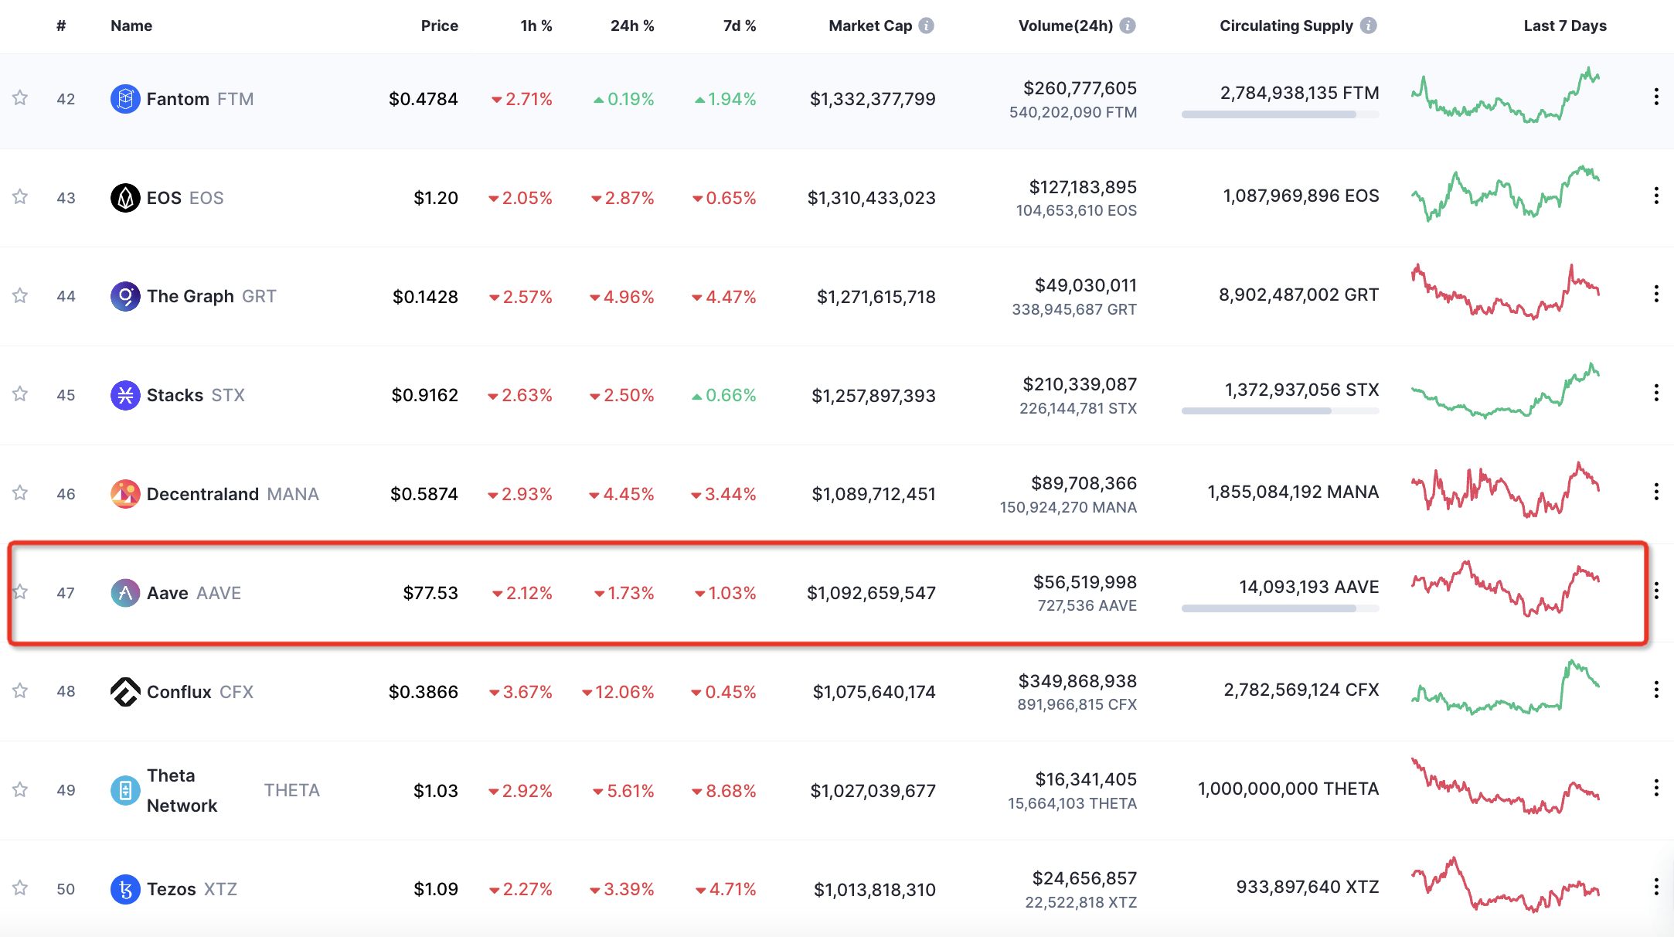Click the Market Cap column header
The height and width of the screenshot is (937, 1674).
869,26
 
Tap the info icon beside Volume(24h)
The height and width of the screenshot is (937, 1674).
1128,26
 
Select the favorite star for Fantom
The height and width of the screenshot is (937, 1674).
20,98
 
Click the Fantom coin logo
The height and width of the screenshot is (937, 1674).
125,99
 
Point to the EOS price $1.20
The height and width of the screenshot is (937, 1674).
436,198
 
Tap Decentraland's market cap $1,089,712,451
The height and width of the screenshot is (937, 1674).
873,494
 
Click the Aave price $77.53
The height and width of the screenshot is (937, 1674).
430,593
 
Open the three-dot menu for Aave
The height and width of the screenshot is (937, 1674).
1656,591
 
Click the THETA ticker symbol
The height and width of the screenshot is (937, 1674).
292,790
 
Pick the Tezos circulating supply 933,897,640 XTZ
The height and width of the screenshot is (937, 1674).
1308,887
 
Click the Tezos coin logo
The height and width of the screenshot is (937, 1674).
125,889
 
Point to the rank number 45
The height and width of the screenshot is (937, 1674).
66,395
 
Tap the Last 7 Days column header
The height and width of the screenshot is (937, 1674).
1565,26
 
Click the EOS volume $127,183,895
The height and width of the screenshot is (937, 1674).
1083,187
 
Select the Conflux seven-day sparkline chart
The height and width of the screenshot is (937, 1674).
1505,687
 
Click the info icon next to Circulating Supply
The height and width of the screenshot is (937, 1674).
1369,26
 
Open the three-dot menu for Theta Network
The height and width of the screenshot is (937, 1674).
1656,789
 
